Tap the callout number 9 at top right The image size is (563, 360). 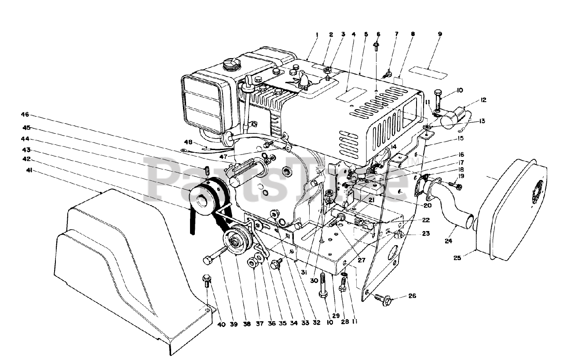point(440,34)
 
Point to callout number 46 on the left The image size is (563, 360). point(25,114)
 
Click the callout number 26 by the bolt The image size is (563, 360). point(412,296)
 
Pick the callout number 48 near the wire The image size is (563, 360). point(188,142)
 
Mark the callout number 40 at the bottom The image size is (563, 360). point(221,325)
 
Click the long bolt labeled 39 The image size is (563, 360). point(216,254)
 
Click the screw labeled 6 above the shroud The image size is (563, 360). point(377,46)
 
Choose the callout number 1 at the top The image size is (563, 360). point(317,34)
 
